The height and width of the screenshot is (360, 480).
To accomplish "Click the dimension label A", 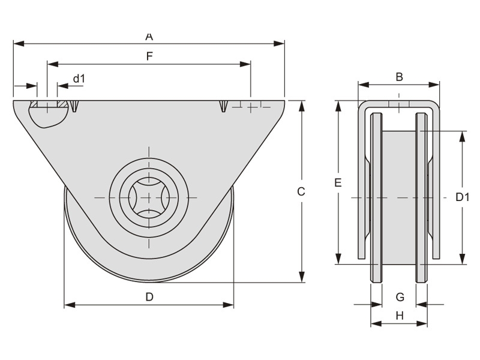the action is tap(149, 37).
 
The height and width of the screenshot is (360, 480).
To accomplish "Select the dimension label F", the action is tap(149, 56).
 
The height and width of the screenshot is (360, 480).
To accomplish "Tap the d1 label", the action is tap(79, 79).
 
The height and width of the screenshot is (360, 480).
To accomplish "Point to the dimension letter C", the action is tap(301, 191).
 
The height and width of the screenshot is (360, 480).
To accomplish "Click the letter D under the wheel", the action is tap(149, 297).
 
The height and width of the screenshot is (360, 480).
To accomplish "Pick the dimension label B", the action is tap(399, 77).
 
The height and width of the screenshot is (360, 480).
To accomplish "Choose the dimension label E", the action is tap(338, 183).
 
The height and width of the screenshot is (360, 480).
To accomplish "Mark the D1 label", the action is tap(462, 197).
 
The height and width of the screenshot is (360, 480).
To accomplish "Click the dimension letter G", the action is tap(400, 297).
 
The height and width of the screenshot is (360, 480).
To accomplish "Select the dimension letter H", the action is tap(400, 316).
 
